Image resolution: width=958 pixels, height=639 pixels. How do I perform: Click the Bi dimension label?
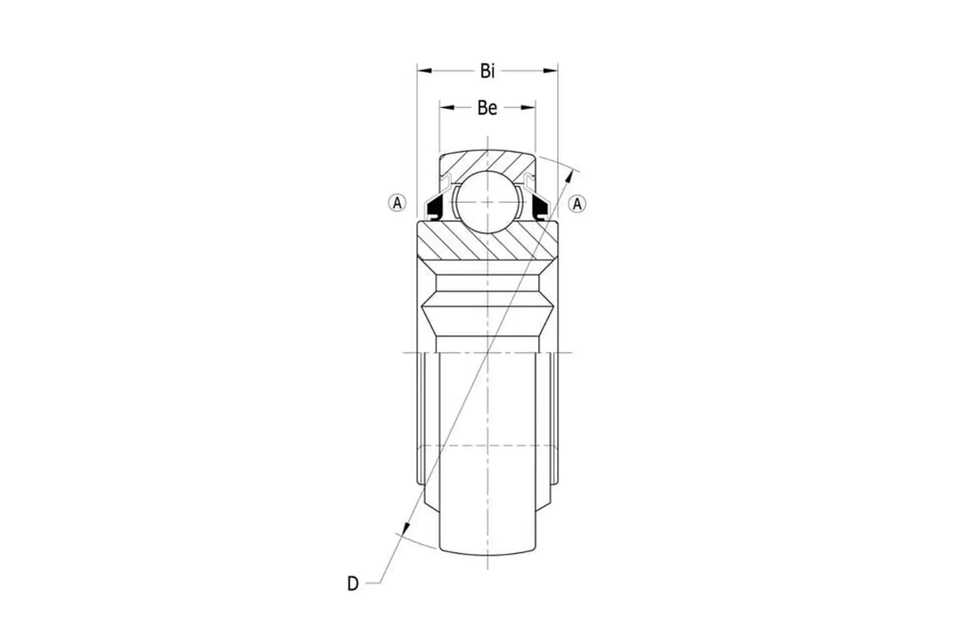[487, 71]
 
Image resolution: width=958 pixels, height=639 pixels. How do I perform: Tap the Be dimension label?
[487, 108]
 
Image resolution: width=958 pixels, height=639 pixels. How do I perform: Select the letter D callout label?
[353, 583]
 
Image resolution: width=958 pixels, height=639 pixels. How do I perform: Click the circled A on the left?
[397, 203]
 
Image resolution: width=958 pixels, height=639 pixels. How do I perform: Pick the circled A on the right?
[577, 204]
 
